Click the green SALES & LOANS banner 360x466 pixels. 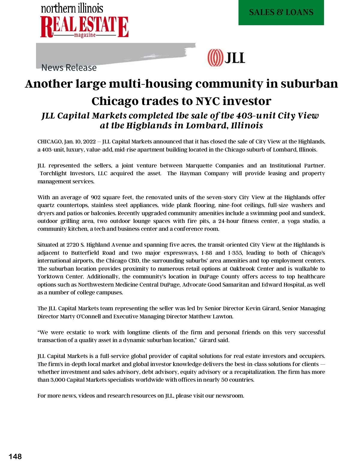(281, 12)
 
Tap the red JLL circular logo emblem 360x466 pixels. (215, 58)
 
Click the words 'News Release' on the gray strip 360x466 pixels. (69, 68)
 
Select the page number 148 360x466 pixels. (15, 456)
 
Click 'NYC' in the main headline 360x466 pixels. (208, 101)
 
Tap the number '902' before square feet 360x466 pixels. (96, 197)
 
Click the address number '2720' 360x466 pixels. (73, 245)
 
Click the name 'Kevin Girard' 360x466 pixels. (262, 308)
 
